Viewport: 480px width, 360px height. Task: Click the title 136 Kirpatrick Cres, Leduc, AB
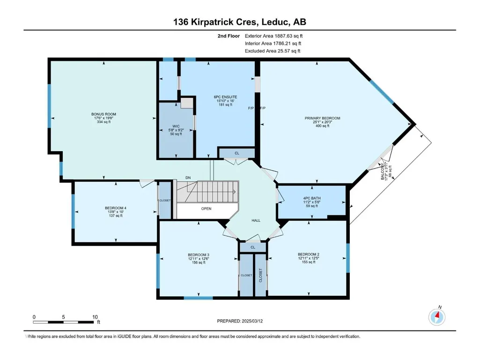coord(240,22)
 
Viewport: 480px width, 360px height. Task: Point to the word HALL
coord(256,220)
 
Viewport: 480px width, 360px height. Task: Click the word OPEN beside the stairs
coord(207,209)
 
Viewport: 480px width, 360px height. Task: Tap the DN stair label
coord(188,177)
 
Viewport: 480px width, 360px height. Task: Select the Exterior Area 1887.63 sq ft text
coord(273,36)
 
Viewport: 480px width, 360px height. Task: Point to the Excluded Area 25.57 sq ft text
coord(273,51)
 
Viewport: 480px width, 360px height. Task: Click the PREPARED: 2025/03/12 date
coord(240,321)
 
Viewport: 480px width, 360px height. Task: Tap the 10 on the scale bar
coord(95,317)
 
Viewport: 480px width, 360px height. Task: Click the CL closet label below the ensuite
coord(237,153)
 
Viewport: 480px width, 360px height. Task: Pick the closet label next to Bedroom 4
coord(165,200)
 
